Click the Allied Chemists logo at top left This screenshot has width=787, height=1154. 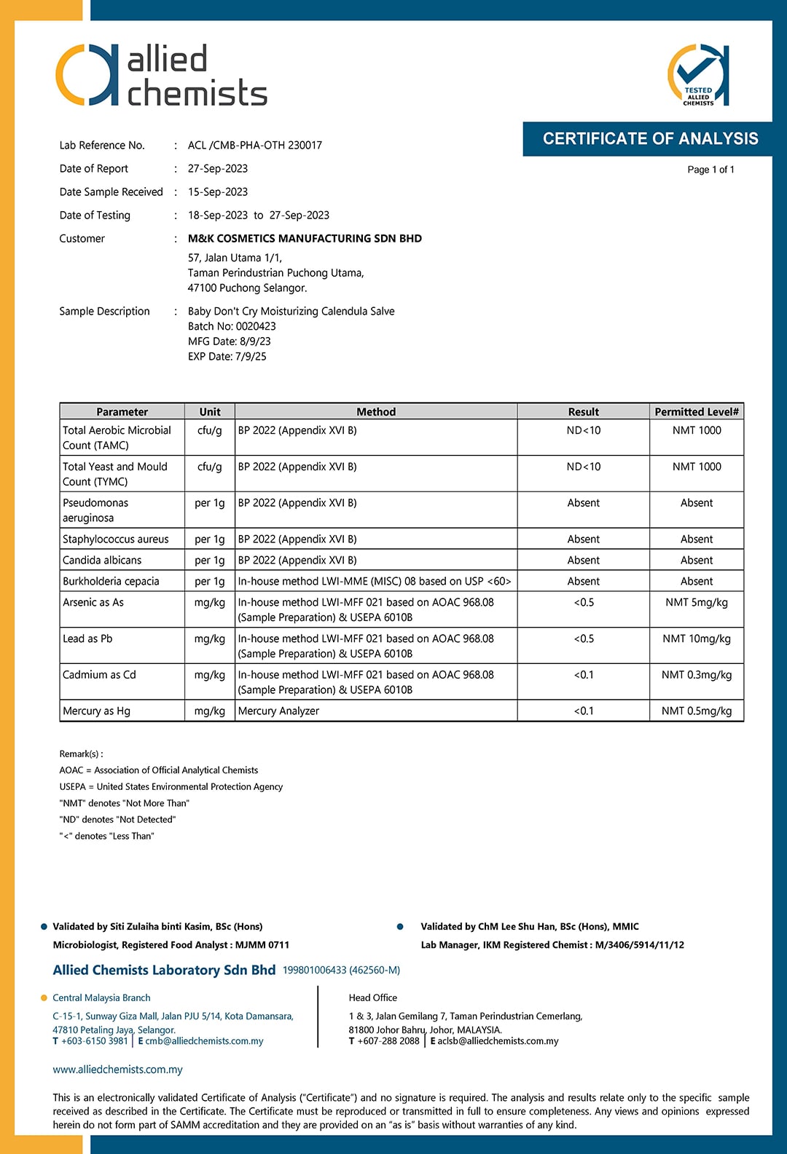click(x=161, y=76)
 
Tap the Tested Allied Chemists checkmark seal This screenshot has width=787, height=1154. click(x=698, y=76)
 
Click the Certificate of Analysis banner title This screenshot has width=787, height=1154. click(x=650, y=139)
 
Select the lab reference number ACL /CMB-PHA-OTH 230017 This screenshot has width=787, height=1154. click(x=254, y=145)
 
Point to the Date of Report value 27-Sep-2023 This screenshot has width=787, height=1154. click(x=217, y=168)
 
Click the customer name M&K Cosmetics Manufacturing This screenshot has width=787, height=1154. click(x=305, y=238)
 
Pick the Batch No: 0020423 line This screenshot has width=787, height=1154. click(x=232, y=326)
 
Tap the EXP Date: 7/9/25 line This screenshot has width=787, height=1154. click(x=227, y=356)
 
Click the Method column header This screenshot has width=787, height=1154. click(x=376, y=411)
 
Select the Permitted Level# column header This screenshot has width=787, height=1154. click(x=696, y=411)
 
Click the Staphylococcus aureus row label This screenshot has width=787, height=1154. click(x=115, y=539)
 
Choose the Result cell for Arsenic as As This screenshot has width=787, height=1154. click(x=583, y=602)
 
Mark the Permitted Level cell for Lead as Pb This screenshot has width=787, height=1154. click(x=696, y=639)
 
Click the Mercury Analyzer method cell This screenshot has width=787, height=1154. click(x=278, y=711)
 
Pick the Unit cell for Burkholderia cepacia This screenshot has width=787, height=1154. click(x=209, y=581)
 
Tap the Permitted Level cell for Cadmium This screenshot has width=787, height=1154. click(x=696, y=675)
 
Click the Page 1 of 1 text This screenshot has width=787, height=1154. click(x=710, y=170)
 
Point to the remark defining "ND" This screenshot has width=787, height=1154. click(x=117, y=819)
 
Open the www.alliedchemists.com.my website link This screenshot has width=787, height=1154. click(x=117, y=1070)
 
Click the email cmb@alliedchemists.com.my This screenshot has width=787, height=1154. click(x=204, y=1041)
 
